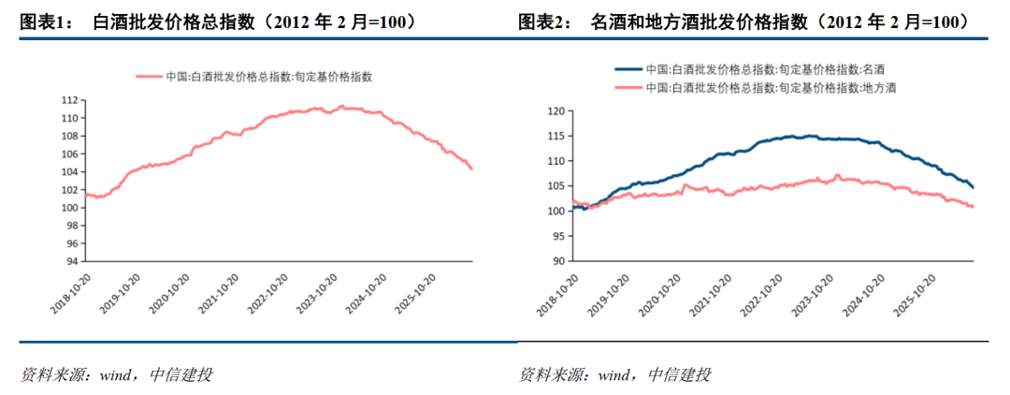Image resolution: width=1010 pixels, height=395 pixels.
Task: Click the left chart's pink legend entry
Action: tap(254, 76)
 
